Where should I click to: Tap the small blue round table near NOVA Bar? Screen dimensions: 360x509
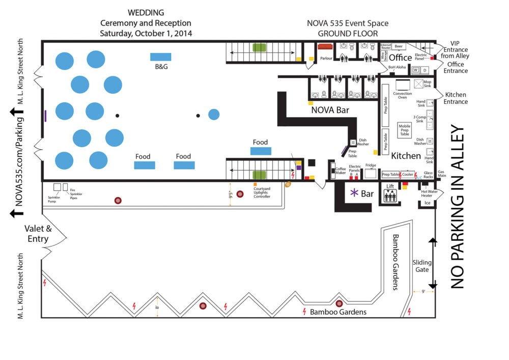(214, 115)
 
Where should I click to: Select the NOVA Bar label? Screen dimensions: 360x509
(330, 109)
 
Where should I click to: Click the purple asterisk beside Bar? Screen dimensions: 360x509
(353, 193)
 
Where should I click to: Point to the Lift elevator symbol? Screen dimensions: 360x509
(390, 196)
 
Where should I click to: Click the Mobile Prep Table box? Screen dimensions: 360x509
(405, 130)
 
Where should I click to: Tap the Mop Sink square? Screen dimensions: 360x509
(419, 84)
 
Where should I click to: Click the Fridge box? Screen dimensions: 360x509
(371, 173)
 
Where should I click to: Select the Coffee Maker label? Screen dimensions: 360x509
(340, 171)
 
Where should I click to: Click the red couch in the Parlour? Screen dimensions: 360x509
(325, 46)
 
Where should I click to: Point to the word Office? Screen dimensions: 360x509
(401, 58)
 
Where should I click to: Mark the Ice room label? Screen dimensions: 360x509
(427, 203)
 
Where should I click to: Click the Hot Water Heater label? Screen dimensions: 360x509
(427, 193)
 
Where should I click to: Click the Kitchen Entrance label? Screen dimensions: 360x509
(456, 98)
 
